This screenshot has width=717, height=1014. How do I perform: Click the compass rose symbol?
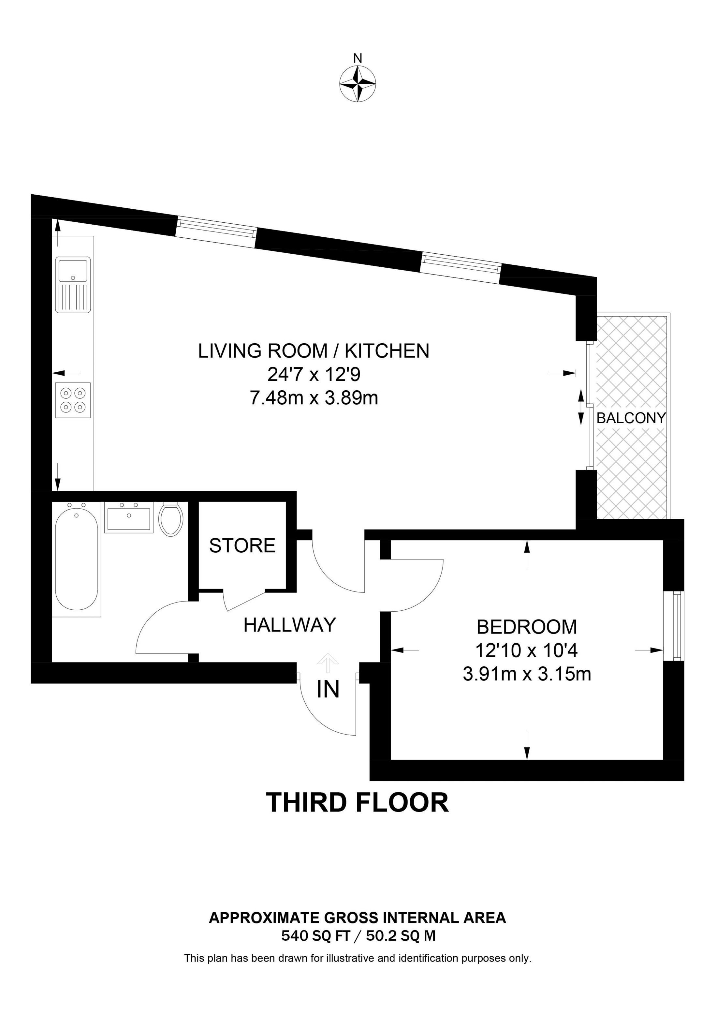coord(358,84)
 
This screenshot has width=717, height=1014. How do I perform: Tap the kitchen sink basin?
coord(73,270)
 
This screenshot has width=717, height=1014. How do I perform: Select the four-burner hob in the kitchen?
coord(73,400)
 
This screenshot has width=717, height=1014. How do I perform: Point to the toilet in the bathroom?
coord(170,519)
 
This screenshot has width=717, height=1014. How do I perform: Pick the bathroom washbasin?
coord(128,518)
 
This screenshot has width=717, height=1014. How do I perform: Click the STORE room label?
coord(242,546)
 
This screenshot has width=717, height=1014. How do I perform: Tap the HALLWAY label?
coord(290,625)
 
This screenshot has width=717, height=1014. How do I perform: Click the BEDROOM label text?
coord(527,627)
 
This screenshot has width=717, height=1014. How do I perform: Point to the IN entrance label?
coord(328,689)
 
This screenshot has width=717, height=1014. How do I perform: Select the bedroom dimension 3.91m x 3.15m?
coord(527,674)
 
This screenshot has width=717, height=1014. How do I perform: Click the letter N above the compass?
coord(358,58)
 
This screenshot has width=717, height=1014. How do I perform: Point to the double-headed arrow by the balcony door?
coord(581,407)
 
